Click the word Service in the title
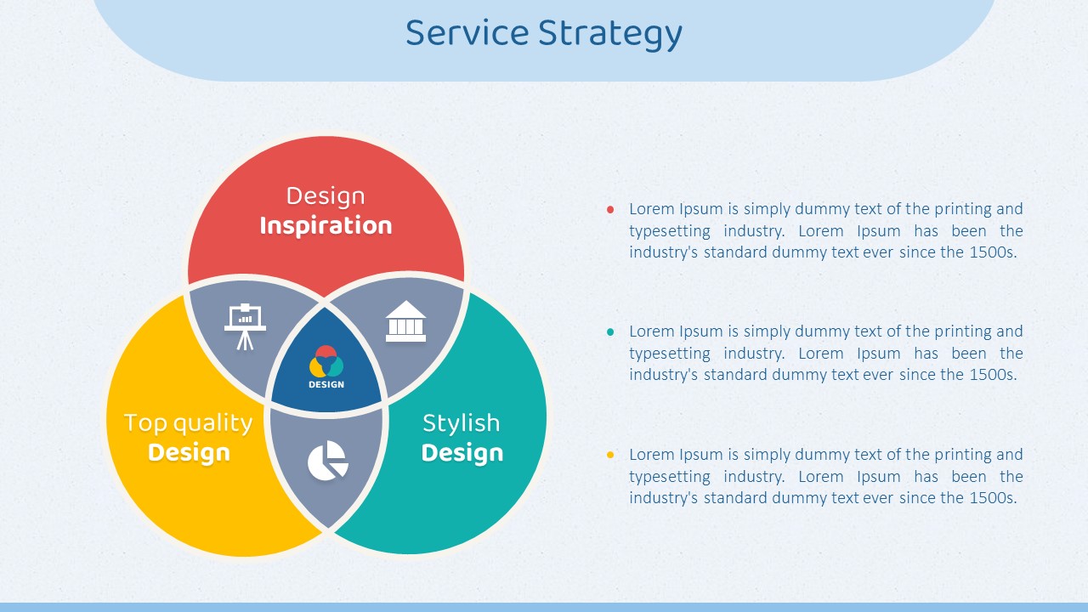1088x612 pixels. [x=467, y=33]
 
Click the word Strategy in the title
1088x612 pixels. [x=610, y=35]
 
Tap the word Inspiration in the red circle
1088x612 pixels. [x=326, y=226]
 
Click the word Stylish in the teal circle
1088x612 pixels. [x=462, y=422]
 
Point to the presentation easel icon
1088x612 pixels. [x=246, y=326]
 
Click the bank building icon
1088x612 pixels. [x=405, y=321]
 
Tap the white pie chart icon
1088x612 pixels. [x=328, y=461]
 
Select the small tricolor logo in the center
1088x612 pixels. [x=326, y=361]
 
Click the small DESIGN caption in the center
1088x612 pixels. [x=326, y=385]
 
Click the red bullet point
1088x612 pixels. [x=610, y=210]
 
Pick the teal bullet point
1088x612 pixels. [x=610, y=332]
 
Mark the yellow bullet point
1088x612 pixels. [x=610, y=455]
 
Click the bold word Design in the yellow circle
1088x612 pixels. [x=189, y=453]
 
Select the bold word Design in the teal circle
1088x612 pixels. [x=462, y=453]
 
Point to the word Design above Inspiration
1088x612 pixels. [x=326, y=197]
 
